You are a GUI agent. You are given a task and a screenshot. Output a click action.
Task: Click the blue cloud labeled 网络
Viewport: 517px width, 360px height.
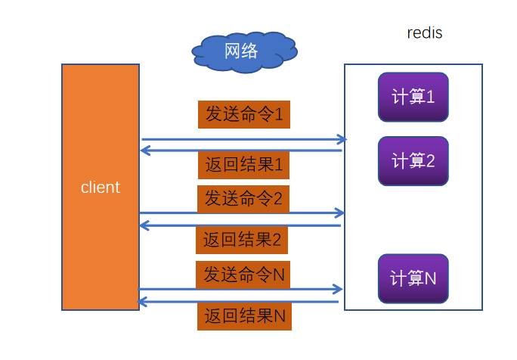243,51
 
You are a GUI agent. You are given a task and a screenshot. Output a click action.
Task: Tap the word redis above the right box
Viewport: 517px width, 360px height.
425,33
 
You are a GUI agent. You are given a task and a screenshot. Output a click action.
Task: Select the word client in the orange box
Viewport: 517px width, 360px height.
101,188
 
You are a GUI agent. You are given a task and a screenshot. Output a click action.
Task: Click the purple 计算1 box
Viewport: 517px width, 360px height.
413,97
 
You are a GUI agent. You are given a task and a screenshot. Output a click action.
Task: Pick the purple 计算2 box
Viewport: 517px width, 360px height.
413,161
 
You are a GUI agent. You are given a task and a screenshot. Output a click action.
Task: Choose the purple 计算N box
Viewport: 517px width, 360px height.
413,278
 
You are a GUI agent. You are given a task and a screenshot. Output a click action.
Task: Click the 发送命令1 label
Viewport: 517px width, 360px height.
244,114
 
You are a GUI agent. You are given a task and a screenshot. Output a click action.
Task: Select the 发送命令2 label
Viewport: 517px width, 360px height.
243,199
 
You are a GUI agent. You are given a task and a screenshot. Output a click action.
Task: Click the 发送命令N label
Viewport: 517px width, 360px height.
244,275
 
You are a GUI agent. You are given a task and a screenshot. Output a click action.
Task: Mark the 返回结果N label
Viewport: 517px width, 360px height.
244,316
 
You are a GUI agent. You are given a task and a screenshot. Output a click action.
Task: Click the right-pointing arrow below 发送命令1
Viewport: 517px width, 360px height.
243,139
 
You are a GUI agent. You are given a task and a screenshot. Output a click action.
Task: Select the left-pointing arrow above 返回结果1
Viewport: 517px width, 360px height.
242,151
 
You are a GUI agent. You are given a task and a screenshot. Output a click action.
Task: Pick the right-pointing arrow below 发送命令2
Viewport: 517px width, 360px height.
242,213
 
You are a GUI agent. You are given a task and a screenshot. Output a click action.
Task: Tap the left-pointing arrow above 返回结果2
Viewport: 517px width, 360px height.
240,225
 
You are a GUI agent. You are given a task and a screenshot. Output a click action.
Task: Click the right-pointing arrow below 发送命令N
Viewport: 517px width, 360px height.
240,289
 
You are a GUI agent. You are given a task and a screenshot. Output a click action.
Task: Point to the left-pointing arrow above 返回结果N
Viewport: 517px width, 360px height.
239,302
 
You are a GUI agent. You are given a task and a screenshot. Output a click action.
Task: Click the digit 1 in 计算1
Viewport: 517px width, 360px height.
430,97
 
